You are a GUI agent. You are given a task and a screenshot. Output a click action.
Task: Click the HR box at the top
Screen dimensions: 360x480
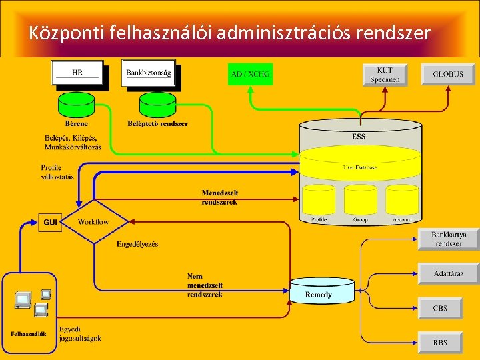[x=78, y=73]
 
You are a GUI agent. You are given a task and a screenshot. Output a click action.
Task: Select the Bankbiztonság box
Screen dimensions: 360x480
[x=148, y=73]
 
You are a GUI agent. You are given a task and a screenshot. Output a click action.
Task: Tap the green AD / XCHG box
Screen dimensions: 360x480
[x=250, y=74]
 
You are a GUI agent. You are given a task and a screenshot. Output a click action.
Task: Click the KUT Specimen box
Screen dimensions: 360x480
[x=385, y=75]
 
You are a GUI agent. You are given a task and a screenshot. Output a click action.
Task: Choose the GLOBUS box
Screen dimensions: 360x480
[x=447, y=74]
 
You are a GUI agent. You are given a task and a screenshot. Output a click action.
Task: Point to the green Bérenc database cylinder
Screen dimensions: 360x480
[x=77, y=105]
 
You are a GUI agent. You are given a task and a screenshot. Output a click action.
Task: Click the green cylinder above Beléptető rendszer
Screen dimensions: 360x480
[x=157, y=105]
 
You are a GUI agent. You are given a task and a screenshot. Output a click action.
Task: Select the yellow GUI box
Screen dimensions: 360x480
[x=50, y=222]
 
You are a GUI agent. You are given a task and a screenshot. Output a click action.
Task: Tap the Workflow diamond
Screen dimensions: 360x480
[x=93, y=222]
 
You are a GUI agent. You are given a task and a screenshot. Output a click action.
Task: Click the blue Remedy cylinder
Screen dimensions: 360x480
[x=318, y=290]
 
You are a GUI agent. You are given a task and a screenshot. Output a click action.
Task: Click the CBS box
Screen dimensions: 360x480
[x=440, y=308]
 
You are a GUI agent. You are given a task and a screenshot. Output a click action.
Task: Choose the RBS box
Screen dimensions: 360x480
[x=440, y=343]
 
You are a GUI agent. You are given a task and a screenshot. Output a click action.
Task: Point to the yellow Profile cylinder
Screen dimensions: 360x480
[x=319, y=203]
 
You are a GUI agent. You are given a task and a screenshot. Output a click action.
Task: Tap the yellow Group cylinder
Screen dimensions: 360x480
[x=360, y=203]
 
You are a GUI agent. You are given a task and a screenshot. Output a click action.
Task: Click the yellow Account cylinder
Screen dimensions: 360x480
[x=402, y=203]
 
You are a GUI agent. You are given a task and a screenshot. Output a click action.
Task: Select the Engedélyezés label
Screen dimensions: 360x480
[x=137, y=244]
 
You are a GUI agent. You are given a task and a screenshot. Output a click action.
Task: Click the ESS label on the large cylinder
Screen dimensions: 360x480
[x=359, y=137]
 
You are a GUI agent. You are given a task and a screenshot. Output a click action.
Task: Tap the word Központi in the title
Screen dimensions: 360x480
[x=63, y=32]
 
